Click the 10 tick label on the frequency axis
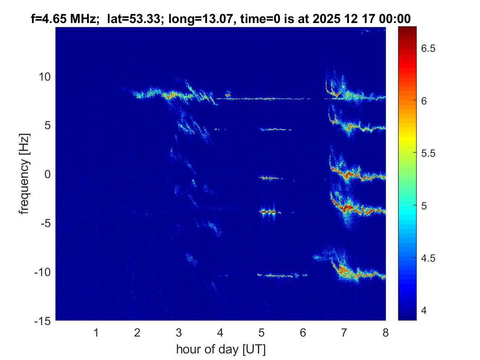(44, 77)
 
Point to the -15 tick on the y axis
(43, 321)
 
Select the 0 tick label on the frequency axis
(47, 174)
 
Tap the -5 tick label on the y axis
(44, 223)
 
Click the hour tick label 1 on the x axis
(96, 332)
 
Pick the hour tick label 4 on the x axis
(220, 332)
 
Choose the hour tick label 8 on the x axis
(385, 332)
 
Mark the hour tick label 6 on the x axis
(303, 332)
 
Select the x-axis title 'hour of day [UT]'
(220, 350)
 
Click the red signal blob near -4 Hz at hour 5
(268, 211)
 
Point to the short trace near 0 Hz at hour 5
(269, 178)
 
